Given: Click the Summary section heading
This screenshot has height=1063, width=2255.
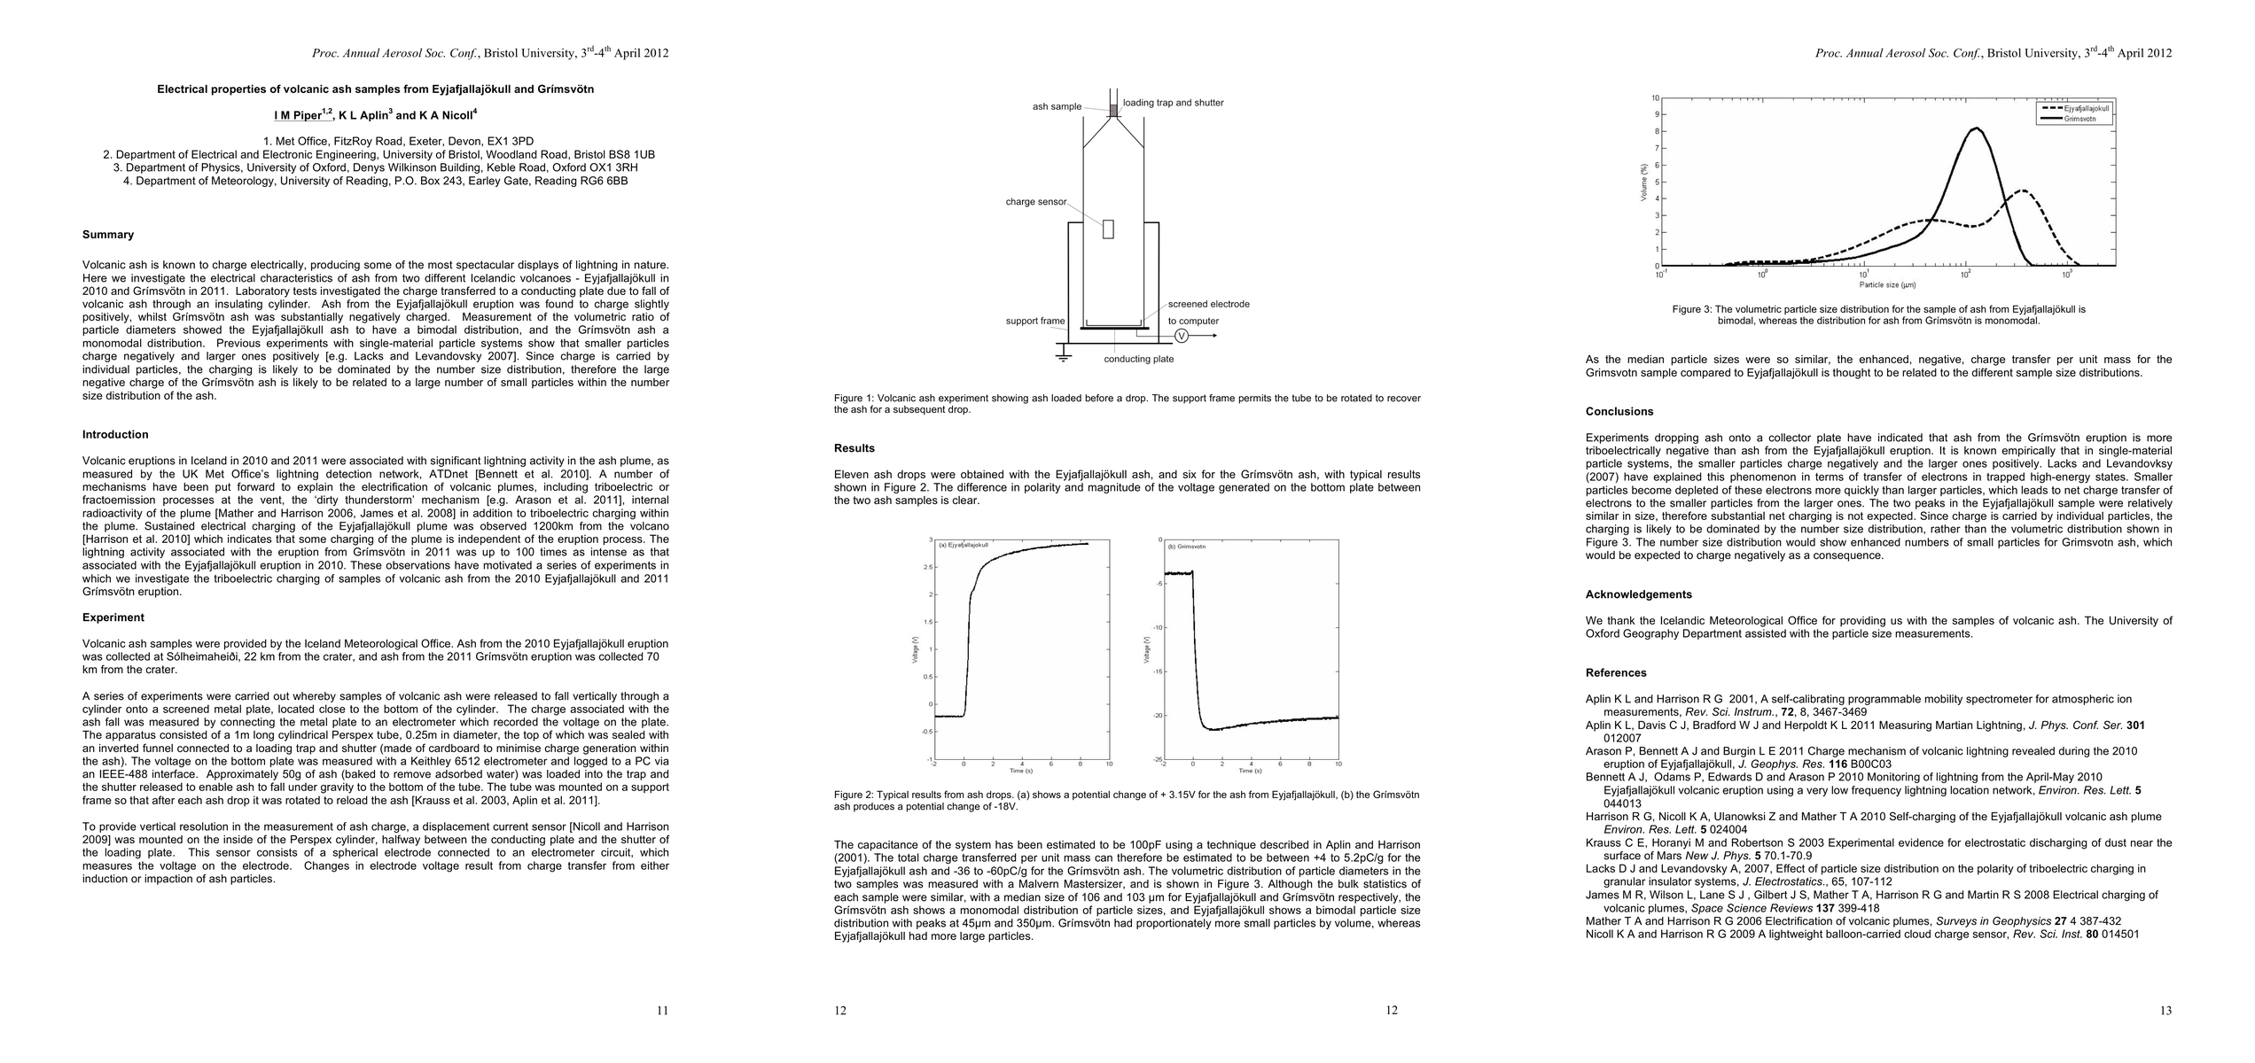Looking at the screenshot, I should (x=108, y=235).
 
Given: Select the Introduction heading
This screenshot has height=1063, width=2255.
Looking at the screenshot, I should (x=115, y=435).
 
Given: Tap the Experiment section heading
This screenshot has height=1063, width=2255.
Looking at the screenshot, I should (x=113, y=617).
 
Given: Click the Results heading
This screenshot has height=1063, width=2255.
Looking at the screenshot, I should (x=854, y=448).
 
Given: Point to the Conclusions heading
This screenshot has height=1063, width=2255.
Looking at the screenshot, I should (x=1619, y=411).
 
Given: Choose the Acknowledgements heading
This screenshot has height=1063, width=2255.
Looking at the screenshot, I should (x=1639, y=594).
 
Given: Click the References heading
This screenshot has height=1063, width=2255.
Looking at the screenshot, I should (x=1616, y=672).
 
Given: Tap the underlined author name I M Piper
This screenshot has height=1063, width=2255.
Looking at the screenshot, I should (x=298, y=115).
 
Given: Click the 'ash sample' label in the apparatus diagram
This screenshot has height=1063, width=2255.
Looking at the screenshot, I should (x=1057, y=107).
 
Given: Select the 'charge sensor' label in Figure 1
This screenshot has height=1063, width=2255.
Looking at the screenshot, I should (x=1035, y=202).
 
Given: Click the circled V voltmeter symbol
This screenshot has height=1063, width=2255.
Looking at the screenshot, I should (x=1181, y=336).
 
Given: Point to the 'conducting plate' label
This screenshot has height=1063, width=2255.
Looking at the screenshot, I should (x=1138, y=359).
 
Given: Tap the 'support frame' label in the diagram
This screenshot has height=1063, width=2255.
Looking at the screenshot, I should (x=1034, y=321).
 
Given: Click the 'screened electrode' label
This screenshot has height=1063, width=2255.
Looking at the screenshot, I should (x=1208, y=304).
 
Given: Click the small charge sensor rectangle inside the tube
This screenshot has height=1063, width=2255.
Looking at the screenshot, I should (x=1108, y=229).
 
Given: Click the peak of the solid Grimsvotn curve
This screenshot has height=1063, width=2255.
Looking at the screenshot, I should (x=1970, y=128).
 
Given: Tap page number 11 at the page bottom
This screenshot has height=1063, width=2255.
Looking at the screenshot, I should (x=662, y=1011).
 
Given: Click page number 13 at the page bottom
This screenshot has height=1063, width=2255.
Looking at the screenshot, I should (x=2165, y=1011).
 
